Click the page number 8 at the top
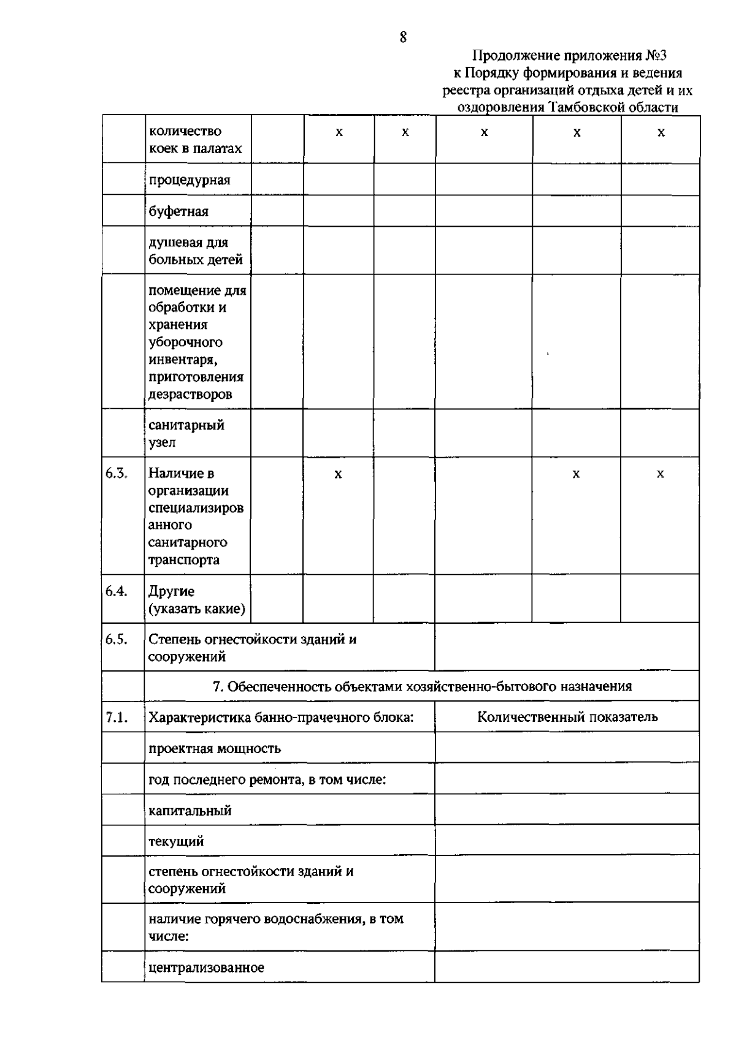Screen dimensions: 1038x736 pyautogui.click(x=403, y=38)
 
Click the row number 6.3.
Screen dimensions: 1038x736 pyautogui.click(x=116, y=473)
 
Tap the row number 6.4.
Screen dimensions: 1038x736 pyautogui.click(x=116, y=591)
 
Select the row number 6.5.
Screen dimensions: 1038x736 pyautogui.click(x=116, y=639)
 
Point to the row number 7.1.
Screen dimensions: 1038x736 pyautogui.click(x=116, y=718)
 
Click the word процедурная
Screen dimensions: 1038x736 pyautogui.click(x=189, y=180)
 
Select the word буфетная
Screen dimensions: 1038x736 pyautogui.click(x=178, y=211)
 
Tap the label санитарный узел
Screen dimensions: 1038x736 pyautogui.click(x=186, y=433)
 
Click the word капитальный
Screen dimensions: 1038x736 pyautogui.click(x=190, y=810)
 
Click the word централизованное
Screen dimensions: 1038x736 pyautogui.click(x=206, y=968)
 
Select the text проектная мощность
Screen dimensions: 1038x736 pyautogui.click(x=214, y=748)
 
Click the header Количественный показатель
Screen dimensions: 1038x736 pyautogui.click(x=567, y=717)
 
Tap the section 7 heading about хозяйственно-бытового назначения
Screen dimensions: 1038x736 pyautogui.click(x=422, y=686)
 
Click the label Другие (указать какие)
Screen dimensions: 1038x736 pyautogui.click(x=196, y=600)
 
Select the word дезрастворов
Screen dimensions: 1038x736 pyautogui.click(x=190, y=394)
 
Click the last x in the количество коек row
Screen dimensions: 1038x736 pyautogui.click(x=661, y=132)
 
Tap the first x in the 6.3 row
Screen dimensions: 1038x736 pyautogui.click(x=337, y=474)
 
